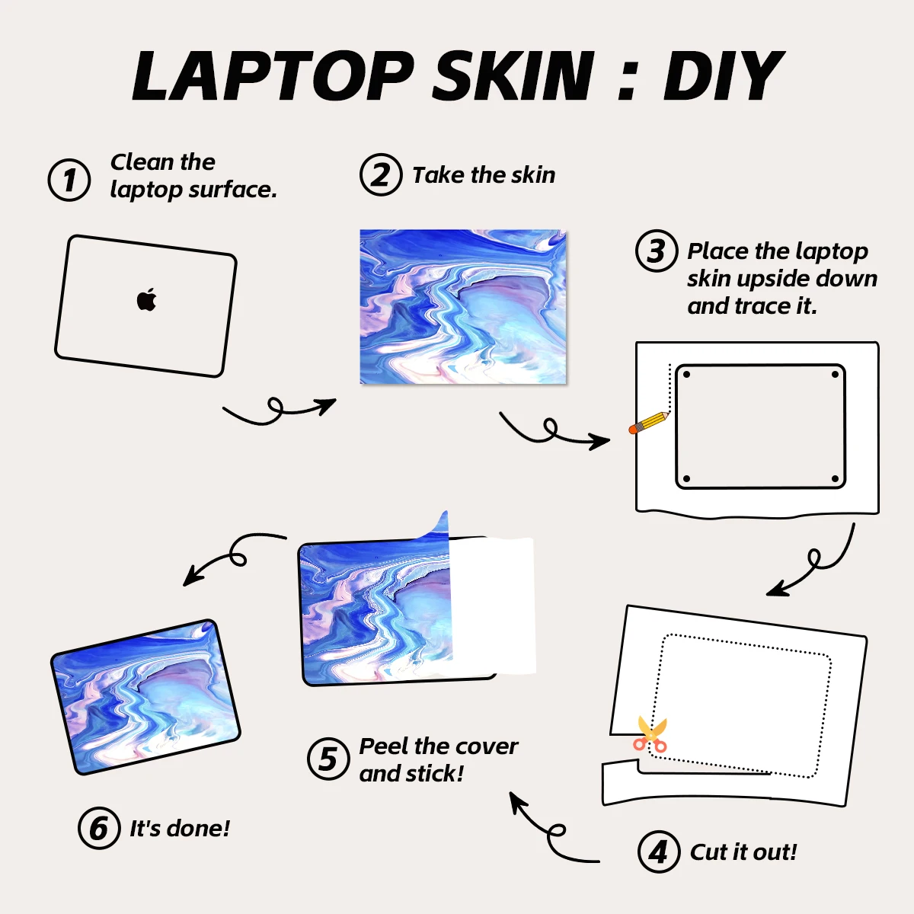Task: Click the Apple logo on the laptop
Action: [x=146, y=299]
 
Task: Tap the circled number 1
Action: [x=69, y=180]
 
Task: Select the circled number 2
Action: [x=381, y=174]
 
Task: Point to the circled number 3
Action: [x=657, y=251]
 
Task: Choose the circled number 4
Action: [x=659, y=852]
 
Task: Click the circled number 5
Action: [x=328, y=759]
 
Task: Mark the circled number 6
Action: [x=99, y=828]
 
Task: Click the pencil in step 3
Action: [x=649, y=423]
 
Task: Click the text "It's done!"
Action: [x=180, y=829]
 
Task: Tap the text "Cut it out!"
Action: [x=743, y=852]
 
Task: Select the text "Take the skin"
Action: [x=484, y=175]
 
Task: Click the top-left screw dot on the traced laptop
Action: [x=686, y=375]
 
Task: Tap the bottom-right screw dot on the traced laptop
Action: [x=836, y=479]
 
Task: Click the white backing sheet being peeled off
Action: [x=492, y=606]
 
